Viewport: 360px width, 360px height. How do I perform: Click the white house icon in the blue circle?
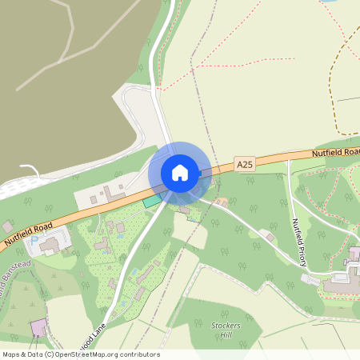click(179, 172)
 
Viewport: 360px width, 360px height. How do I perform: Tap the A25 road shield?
click(245, 164)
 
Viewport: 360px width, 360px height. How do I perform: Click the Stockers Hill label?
click(226, 330)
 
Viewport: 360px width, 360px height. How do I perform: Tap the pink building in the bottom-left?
click(38, 327)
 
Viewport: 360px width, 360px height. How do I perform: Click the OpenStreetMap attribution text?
click(80, 354)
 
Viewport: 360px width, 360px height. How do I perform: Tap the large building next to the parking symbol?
click(54, 244)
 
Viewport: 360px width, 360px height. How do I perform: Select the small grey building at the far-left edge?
click(6, 227)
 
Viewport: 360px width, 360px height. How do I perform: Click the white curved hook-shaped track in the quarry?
click(30, 170)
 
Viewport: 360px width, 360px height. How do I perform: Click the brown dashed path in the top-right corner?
click(340, 80)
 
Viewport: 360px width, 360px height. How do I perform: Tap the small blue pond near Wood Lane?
click(120, 228)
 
